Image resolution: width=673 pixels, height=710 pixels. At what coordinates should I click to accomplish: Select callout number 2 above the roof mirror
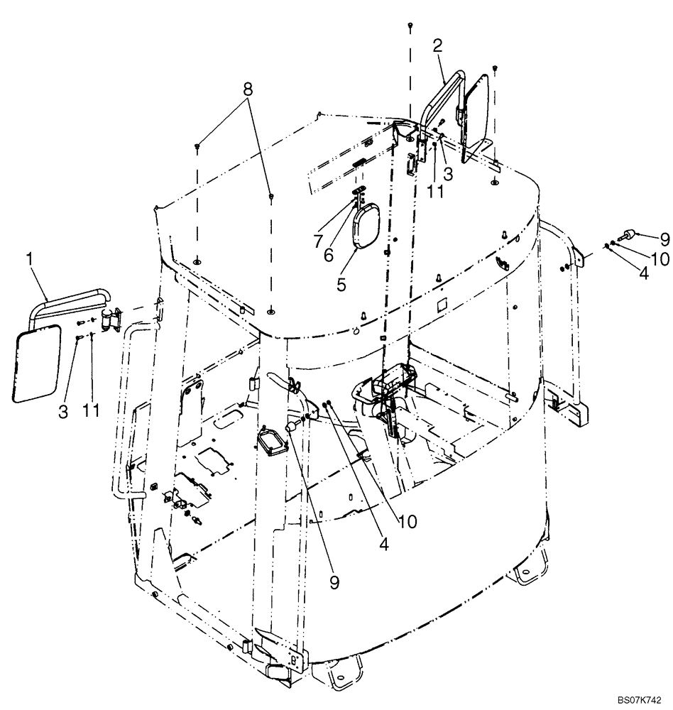coord(438,47)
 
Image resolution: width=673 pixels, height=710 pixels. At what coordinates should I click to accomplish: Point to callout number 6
coord(329,255)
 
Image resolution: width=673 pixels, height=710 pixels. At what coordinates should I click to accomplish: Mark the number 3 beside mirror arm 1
coord(63,410)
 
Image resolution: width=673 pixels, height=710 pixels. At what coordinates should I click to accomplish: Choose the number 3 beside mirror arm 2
coord(448,173)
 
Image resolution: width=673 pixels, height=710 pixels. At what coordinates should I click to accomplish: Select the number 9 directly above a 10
coord(645,238)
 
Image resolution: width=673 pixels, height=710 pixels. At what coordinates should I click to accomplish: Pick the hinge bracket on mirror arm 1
coord(110,322)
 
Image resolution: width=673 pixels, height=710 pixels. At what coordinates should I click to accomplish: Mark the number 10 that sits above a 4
coord(660,259)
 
